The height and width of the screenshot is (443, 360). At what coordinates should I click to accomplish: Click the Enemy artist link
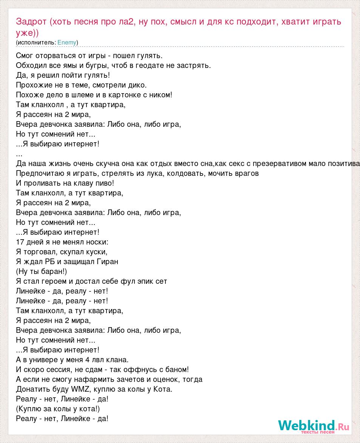click(67, 43)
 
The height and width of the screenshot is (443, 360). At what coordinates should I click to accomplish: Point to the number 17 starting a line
click(20, 242)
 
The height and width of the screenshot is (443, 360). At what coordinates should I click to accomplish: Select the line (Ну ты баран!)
click(42, 271)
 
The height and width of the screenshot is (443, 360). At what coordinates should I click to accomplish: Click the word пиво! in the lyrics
click(105, 183)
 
